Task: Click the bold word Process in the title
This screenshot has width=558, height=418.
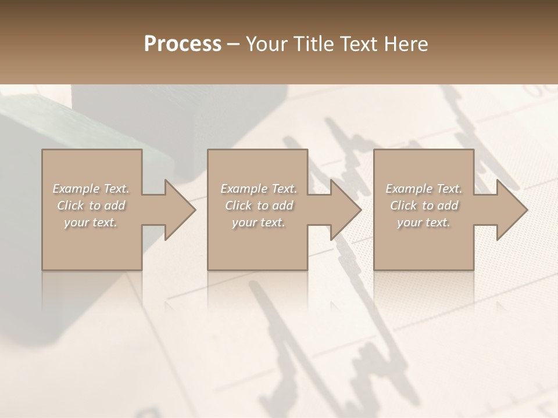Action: tap(183, 44)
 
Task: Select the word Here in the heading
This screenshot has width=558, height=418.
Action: tap(406, 44)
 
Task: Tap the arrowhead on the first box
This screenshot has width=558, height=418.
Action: tap(180, 210)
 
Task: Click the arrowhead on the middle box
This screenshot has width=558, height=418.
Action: tap(345, 210)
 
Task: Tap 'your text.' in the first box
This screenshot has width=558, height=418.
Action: tap(91, 222)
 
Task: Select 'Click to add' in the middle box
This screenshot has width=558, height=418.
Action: tap(259, 206)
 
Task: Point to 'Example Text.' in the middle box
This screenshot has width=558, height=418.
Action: tap(259, 189)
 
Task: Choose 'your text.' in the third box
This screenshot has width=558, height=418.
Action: tap(424, 222)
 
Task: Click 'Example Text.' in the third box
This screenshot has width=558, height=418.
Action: tap(424, 189)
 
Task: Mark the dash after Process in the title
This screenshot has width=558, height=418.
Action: tap(234, 44)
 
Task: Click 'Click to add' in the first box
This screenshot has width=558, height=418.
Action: tap(91, 206)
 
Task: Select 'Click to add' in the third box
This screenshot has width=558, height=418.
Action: tap(424, 206)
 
